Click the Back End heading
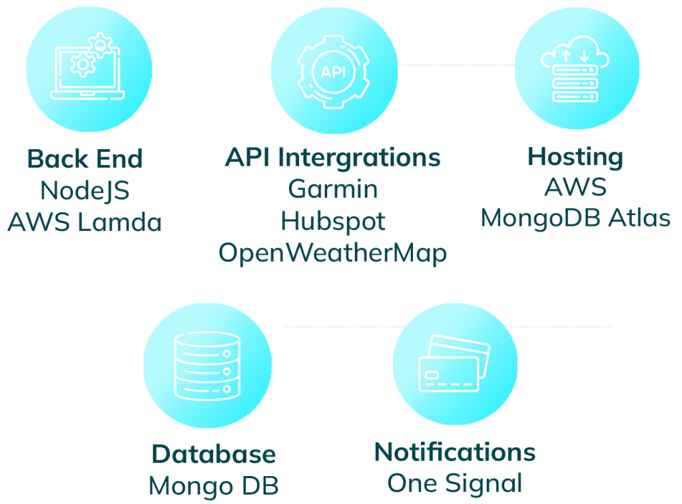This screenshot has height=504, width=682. [x=85, y=158]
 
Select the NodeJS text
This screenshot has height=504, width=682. [x=85, y=191]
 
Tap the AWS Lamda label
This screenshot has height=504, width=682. [x=85, y=222]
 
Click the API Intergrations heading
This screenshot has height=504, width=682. [x=333, y=157]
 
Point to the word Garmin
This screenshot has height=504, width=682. [x=333, y=189]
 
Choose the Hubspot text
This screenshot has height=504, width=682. [x=333, y=222]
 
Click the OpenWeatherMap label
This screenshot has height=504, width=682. [x=333, y=254]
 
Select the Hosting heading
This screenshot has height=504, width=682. [x=575, y=157]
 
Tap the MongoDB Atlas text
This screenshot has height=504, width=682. [x=575, y=218]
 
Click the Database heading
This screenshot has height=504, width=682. [x=214, y=455]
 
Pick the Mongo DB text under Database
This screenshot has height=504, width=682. [x=214, y=486]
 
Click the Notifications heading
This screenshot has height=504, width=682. [x=455, y=452]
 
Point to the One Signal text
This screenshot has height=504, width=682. [x=455, y=483]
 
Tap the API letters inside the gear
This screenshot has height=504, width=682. [x=334, y=72]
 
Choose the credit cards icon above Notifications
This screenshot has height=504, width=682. [x=454, y=364]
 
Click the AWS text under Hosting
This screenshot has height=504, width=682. [x=575, y=188]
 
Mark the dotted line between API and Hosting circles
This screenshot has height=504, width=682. [x=456, y=65]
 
